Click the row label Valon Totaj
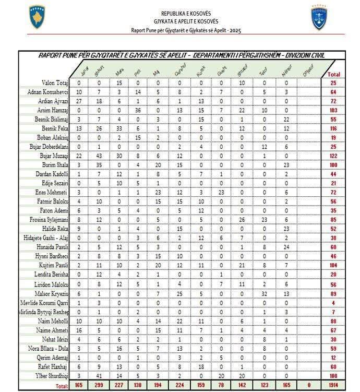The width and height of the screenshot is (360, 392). point(55,83)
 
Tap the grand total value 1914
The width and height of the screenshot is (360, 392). point(334,385)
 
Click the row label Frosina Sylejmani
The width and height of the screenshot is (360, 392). point(49,220)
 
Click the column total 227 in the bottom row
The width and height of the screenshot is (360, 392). point(119,385)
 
